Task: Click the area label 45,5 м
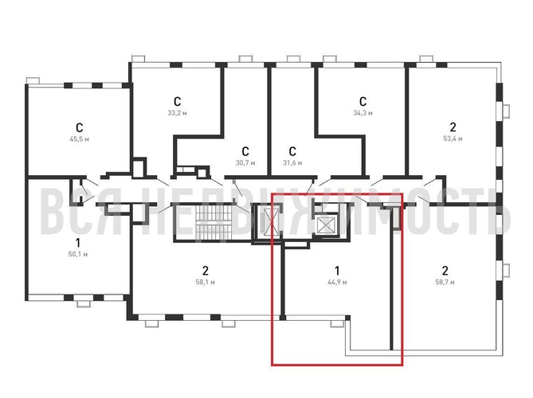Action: click(x=79, y=139)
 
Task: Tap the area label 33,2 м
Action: click(x=177, y=113)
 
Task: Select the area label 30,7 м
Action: click(x=245, y=163)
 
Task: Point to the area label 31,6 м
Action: click(x=292, y=163)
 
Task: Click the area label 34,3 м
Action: click(x=363, y=113)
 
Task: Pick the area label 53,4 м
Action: click(x=453, y=139)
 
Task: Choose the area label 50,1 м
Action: click(x=78, y=255)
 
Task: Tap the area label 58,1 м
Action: click(x=206, y=283)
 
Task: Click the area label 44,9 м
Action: click(x=337, y=283)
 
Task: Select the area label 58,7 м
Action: click(x=445, y=283)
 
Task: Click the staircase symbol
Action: click(x=214, y=222)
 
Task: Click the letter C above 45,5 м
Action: click(x=79, y=127)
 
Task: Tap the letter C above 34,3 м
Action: click(x=363, y=102)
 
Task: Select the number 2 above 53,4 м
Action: click(x=453, y=127)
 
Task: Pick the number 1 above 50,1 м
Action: click(x=78, y=243)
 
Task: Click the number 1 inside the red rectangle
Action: click(x=337, y=271)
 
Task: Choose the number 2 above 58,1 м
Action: click(x=206, y=271)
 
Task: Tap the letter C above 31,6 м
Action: click(x=292, y=151)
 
